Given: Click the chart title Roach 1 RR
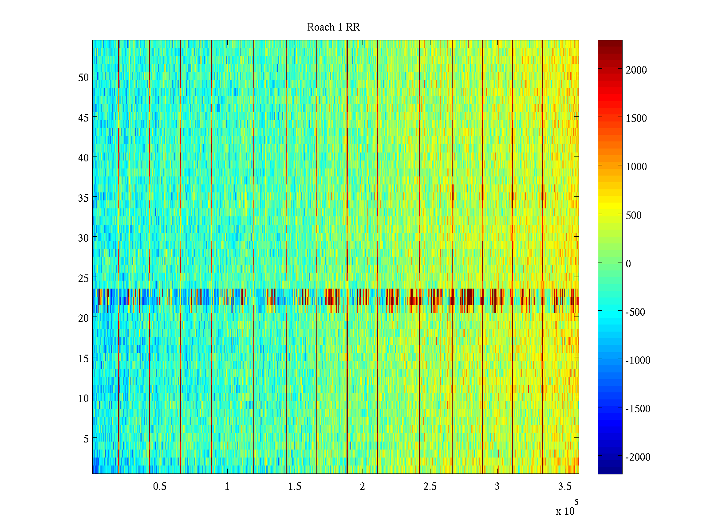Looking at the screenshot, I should (x=333, y=27).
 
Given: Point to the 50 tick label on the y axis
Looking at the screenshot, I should (x=83, y=77).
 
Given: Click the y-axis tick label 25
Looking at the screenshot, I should (x=83, y=278).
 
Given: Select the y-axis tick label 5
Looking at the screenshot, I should (x=86, y=438).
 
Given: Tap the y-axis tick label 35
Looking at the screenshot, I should (x=83, y=198).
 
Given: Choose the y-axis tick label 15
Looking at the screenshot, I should (x=83, y=358).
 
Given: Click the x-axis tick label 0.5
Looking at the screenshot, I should (x=160, y=487).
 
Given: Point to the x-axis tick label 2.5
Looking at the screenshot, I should (x=430, y=487).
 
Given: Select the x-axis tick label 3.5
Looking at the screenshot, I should (x=564, y=487).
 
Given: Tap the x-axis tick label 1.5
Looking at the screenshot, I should (x=295, y=487).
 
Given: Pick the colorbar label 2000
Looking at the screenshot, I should (x=636, y=70).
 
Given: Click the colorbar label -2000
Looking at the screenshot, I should (x=638, y=457).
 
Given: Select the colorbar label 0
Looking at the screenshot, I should (x=628, y=264).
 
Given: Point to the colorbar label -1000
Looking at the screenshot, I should (x=638, y=360).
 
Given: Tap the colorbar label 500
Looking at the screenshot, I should (x=634, y=215).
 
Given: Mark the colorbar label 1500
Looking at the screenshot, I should (x=636, y=118).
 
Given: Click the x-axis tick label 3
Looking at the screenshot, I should (x=497, y=487).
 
